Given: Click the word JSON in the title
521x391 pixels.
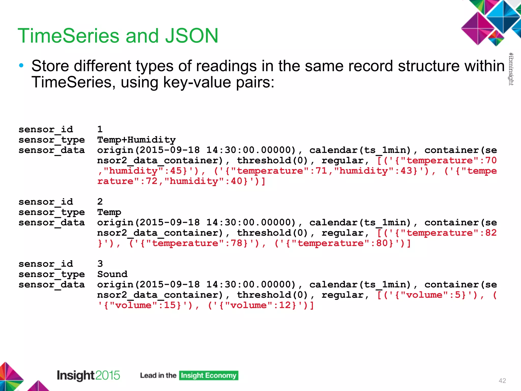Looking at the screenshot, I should tap(192, 36).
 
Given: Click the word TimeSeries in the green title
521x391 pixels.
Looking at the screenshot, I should tap(68, 36).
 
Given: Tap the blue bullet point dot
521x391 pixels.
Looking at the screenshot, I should tap(21, 66).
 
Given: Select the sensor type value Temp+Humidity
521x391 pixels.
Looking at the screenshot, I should tap(136, 140).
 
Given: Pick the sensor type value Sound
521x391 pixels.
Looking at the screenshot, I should tap(112, 274).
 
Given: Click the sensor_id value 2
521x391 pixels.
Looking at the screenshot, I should tap(100, 202).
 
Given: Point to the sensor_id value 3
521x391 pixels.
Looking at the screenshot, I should tap(100, 264).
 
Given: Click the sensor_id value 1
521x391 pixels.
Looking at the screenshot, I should tap(100, 129).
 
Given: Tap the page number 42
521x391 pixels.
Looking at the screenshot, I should tap(502, 381).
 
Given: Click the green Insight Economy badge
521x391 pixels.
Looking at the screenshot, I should tap(209, 375).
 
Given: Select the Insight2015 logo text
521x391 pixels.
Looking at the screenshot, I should tap(88, 375).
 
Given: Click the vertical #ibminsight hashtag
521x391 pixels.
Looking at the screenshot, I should tap(511, 69).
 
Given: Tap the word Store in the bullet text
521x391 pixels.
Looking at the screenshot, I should tap(50, 66).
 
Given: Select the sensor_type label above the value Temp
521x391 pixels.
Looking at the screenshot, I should tap(52, 212).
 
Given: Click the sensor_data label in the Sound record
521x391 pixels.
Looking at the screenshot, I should tap(52, 285).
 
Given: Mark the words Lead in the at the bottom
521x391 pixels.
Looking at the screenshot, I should tap(158, 375).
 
